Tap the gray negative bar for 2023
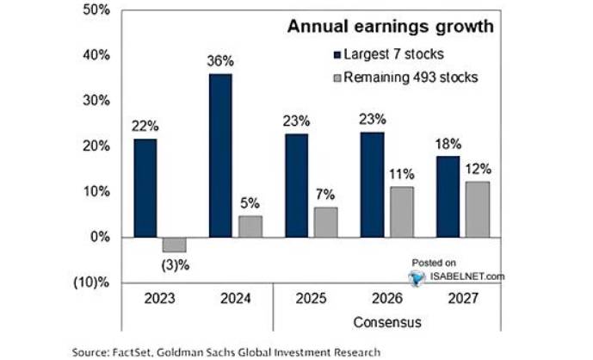pyautogui.click(x=175, y=244)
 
